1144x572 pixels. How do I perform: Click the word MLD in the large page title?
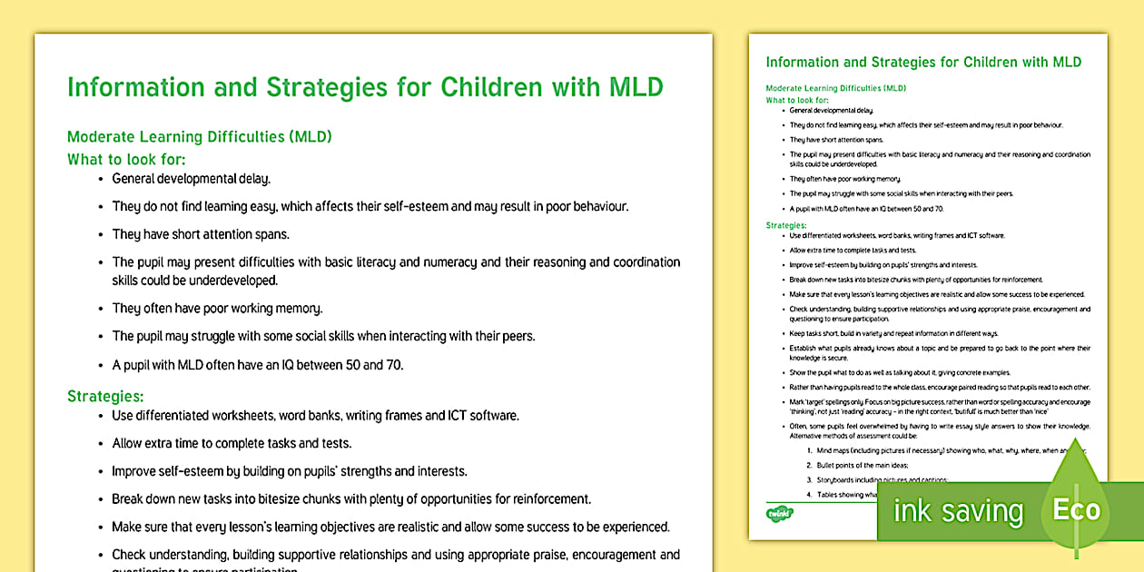click(x=633, y=87)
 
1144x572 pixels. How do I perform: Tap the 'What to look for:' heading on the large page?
click(x=126, y=159)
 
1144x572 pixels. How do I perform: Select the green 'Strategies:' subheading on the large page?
click(x=105, y=396)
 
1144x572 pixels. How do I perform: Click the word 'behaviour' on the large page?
click(x=596, y=206)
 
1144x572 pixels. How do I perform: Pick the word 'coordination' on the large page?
click(x=639, y=262)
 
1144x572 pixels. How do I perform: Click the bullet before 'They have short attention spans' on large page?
click(x=100, y=235)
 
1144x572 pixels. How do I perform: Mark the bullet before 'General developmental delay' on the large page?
click(x=100, y=180)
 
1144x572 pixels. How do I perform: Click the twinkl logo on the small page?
click(x=780, y=514)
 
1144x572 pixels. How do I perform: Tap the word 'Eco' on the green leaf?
click(x=1076, y=509)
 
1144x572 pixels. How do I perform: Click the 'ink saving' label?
click(x=958, y=511)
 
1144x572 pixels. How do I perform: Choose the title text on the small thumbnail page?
click(x=923, y=63)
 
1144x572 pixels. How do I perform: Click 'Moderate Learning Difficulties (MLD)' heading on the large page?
click(x=200, y=137)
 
